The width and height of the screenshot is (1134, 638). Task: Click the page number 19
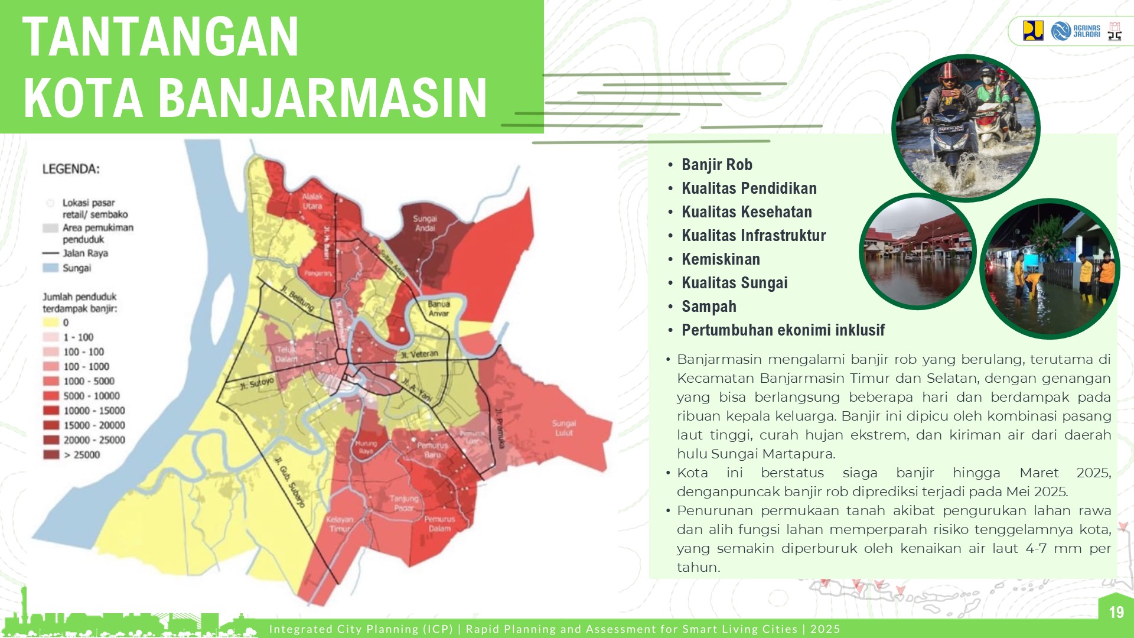click(x=1116, y=612)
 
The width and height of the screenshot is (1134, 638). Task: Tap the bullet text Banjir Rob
click(x=716, y=165)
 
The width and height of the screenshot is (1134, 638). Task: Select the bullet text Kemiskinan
click(x=721, y=259)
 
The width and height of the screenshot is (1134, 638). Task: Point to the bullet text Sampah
click(x=709, y=307)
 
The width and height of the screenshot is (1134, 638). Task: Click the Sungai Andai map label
click(x=425, y=223)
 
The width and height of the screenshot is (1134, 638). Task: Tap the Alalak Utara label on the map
click(x=312, y=201)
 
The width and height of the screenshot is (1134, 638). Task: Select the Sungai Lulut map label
click(x=563, y=428)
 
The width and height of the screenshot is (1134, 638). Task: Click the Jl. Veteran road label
click(x=419, y=354)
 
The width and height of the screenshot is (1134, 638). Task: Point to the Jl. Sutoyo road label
click(x=257, y=383)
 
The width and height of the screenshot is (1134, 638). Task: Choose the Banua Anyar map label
click(x=439, y=308)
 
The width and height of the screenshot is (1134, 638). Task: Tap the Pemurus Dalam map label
click(x=439, y=523)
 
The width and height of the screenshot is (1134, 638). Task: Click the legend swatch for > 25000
click(x=51, y=455)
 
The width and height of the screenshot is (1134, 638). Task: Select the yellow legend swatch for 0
click(x=51, y=323)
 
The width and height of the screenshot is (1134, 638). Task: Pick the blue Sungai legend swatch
click(x=51, y=268)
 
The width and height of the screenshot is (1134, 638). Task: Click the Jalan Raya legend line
click(x=51, y=253)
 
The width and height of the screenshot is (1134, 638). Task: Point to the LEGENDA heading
click(x=71, y=170)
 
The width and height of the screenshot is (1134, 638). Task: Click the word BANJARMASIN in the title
click(x=322, y=98)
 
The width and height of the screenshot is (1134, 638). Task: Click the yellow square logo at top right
click(x=1033, y=31)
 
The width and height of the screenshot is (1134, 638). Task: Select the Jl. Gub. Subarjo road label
click(x=290, y=482)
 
